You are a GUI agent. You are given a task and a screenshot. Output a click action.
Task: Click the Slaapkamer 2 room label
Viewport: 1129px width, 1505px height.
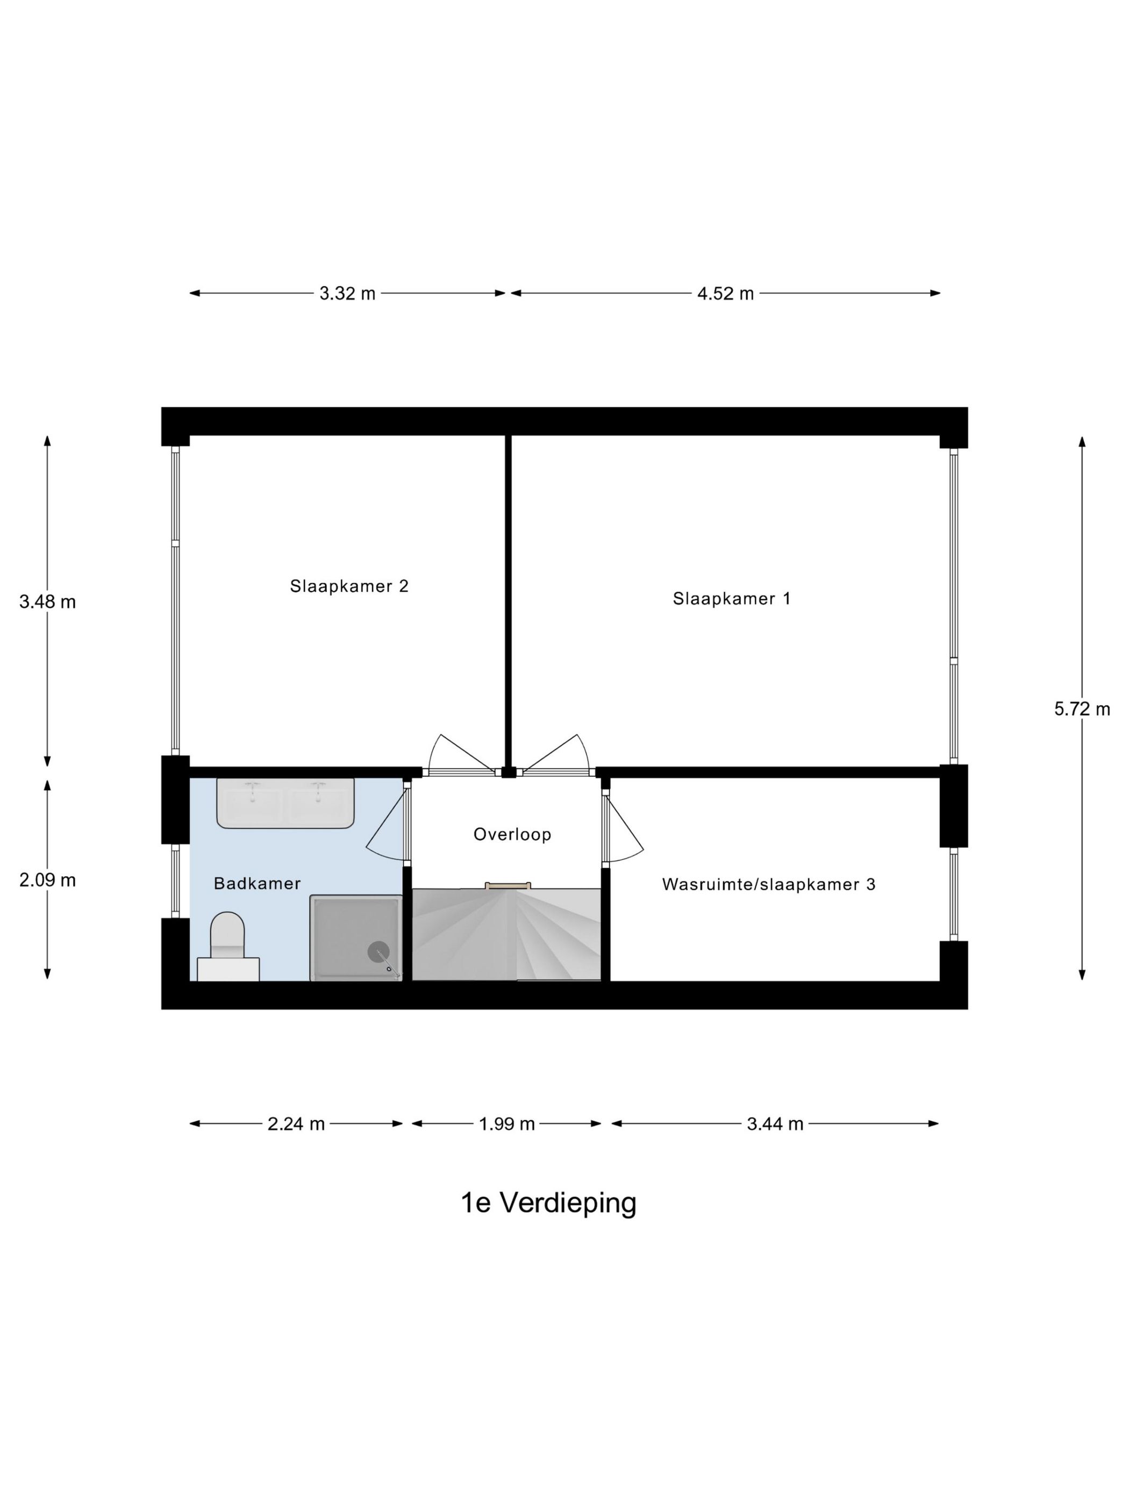(349, 586)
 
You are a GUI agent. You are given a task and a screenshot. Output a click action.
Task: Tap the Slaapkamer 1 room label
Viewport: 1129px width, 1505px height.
(732, 598)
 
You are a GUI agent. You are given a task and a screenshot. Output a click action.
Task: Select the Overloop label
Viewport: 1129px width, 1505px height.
(512, 834)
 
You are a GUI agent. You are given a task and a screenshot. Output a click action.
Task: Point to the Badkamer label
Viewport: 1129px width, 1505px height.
(257, 883)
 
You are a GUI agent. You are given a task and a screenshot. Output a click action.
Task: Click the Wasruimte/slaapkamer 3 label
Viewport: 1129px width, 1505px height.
(768, 885)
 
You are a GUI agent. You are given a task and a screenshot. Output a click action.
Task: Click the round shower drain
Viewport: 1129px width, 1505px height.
(378, 952)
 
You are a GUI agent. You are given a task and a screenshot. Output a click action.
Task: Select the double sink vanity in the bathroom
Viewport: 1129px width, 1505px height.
(285, 804)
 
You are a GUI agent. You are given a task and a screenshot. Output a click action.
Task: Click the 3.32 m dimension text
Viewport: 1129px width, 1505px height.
(348, 293)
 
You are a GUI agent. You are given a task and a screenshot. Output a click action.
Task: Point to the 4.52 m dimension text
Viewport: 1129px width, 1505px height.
(725, 294)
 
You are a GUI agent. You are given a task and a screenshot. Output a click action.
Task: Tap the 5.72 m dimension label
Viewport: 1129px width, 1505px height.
(1082, 709)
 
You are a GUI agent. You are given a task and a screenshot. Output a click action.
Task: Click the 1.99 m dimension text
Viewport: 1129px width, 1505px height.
(507, 1124)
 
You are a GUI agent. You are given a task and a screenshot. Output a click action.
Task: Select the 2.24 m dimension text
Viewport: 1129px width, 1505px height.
(296, 1124)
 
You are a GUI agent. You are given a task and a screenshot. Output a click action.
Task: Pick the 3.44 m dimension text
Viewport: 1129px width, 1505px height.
(775, 1124)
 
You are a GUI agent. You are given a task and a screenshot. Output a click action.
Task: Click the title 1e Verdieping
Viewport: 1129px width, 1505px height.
(548, 1203)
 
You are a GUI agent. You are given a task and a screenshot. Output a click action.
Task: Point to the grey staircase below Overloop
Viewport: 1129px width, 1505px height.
(507, 934)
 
